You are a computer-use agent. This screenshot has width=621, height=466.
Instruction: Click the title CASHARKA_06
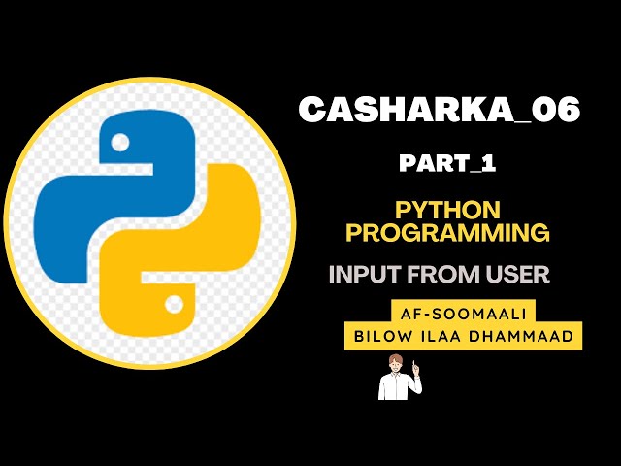[x=439, y=110]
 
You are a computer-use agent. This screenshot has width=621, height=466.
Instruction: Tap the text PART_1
[x=447, y=163]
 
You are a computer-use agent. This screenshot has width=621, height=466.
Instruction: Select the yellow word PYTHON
[x=447, y=210]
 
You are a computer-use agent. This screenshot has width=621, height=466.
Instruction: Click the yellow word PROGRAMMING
[x=447, y=232]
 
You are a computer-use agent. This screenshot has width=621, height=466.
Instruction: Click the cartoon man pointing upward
[x=399, y=379]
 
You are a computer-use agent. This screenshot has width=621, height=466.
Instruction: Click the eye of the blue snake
[x=120, y=143]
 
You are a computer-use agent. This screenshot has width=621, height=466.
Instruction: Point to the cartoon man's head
[x=396, y=364]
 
